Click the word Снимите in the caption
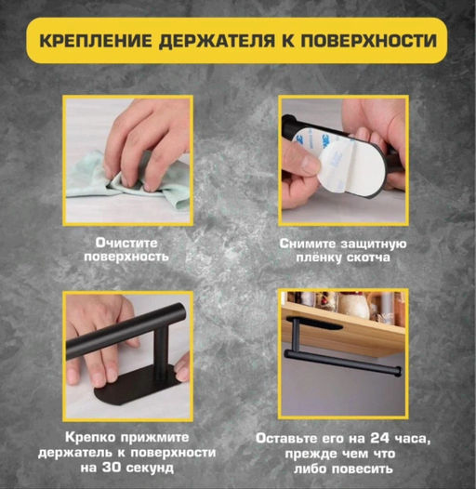[310, 243]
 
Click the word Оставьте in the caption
[294, 437]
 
